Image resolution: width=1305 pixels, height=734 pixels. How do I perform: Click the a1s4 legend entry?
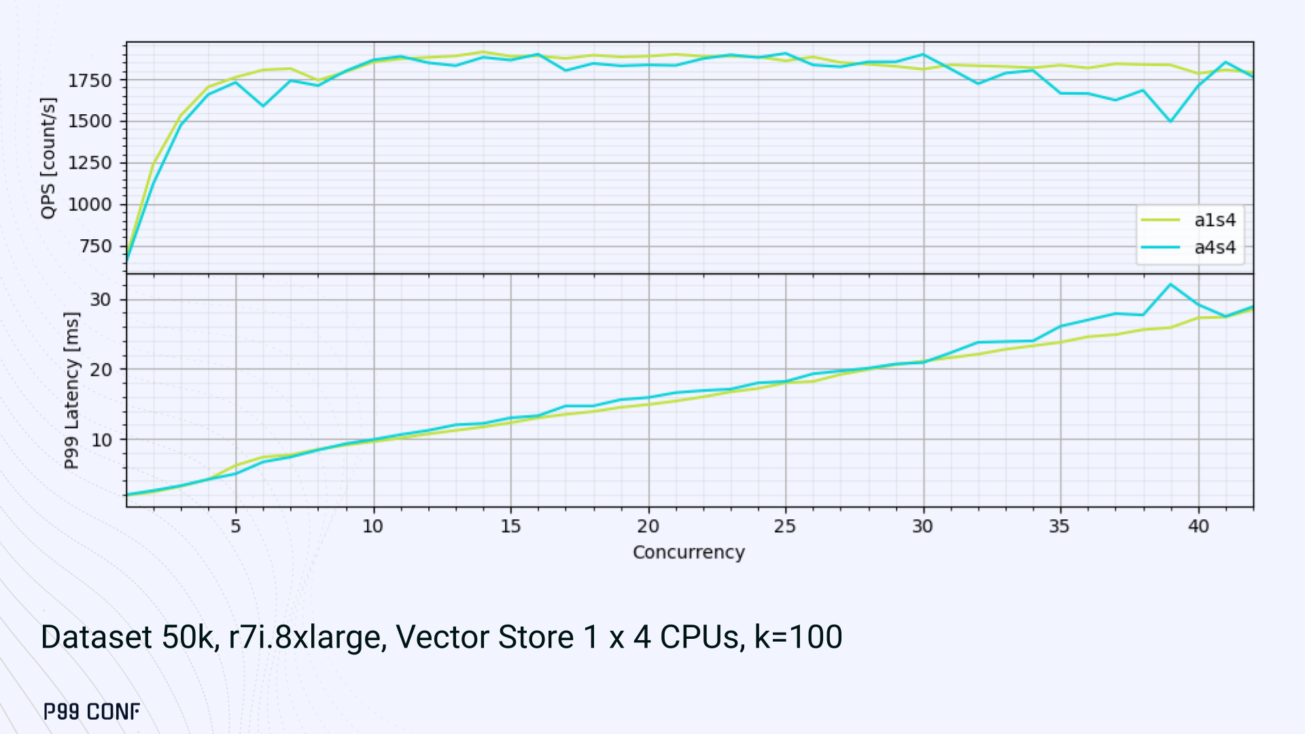1214,220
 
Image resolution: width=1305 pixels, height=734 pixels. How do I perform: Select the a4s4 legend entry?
1214,247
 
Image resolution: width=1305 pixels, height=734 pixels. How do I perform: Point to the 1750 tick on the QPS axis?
90,80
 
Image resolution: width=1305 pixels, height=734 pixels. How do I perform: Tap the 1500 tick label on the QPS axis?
90,121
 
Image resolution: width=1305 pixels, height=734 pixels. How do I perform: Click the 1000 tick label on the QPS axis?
90,205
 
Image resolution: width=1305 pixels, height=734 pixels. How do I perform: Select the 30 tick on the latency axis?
101,300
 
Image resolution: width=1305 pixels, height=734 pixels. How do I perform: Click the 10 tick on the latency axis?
101,440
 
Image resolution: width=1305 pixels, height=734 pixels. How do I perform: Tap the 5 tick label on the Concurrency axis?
235,526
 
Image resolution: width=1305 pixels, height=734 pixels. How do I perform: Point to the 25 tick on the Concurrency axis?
785,526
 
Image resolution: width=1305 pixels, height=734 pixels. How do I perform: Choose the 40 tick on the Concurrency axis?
1198,526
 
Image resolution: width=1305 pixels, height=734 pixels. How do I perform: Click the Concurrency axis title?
689,552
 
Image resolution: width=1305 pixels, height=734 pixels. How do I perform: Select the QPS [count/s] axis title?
48,158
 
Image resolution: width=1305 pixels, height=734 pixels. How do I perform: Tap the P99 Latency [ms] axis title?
71,390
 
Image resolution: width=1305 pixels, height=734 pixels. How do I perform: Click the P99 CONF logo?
92,712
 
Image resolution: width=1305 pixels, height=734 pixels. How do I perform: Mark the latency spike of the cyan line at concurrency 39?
1170,285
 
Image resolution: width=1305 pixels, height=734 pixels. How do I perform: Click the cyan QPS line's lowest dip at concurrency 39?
1170,121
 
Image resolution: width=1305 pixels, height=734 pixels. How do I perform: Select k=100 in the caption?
799,637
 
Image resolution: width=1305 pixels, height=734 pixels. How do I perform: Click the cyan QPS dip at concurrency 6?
264,106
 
